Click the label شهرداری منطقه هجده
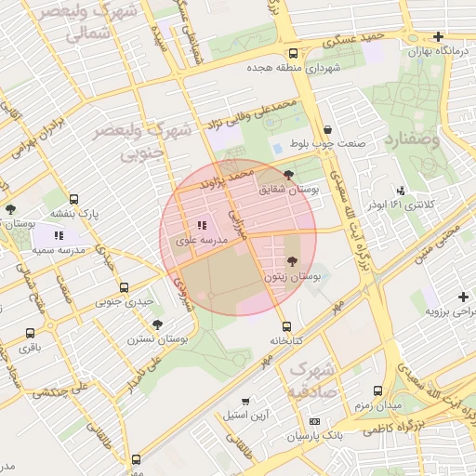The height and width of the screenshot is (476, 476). tap(294, 69)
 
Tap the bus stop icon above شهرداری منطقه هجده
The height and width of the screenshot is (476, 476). tap(294, 53)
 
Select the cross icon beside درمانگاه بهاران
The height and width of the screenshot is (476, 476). tap(438, 37)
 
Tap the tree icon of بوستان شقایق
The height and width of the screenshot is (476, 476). tap(288, 174)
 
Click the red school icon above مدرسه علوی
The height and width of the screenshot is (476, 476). tap(202, 225)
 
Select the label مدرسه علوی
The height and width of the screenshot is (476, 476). tap(201, 241)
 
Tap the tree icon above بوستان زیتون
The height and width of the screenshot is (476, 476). tap(294, 262)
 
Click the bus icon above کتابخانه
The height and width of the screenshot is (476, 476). tap(286, 326)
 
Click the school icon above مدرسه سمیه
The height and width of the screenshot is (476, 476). tap(59, 235)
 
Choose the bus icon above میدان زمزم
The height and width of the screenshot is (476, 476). tap(377, 391)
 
